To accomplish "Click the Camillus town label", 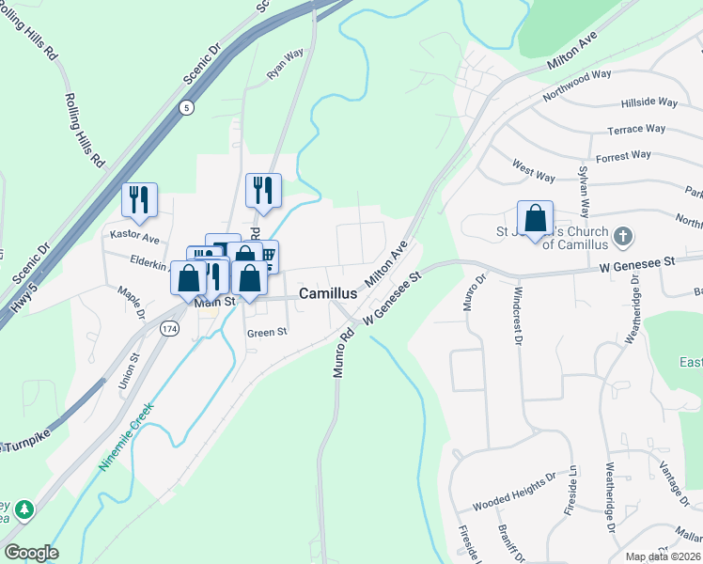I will tap(326, 293).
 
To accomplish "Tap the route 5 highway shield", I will tap(188, 106).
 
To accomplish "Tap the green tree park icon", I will tap(23, 510).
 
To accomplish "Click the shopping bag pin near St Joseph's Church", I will tap(535, 219).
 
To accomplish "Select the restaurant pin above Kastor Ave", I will tap(139, 198).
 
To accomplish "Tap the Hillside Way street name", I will tap(648, 102).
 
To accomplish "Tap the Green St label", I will tap(266, 332).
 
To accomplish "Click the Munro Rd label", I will tap(343, 352).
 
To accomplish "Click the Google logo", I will tap(31, 553).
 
